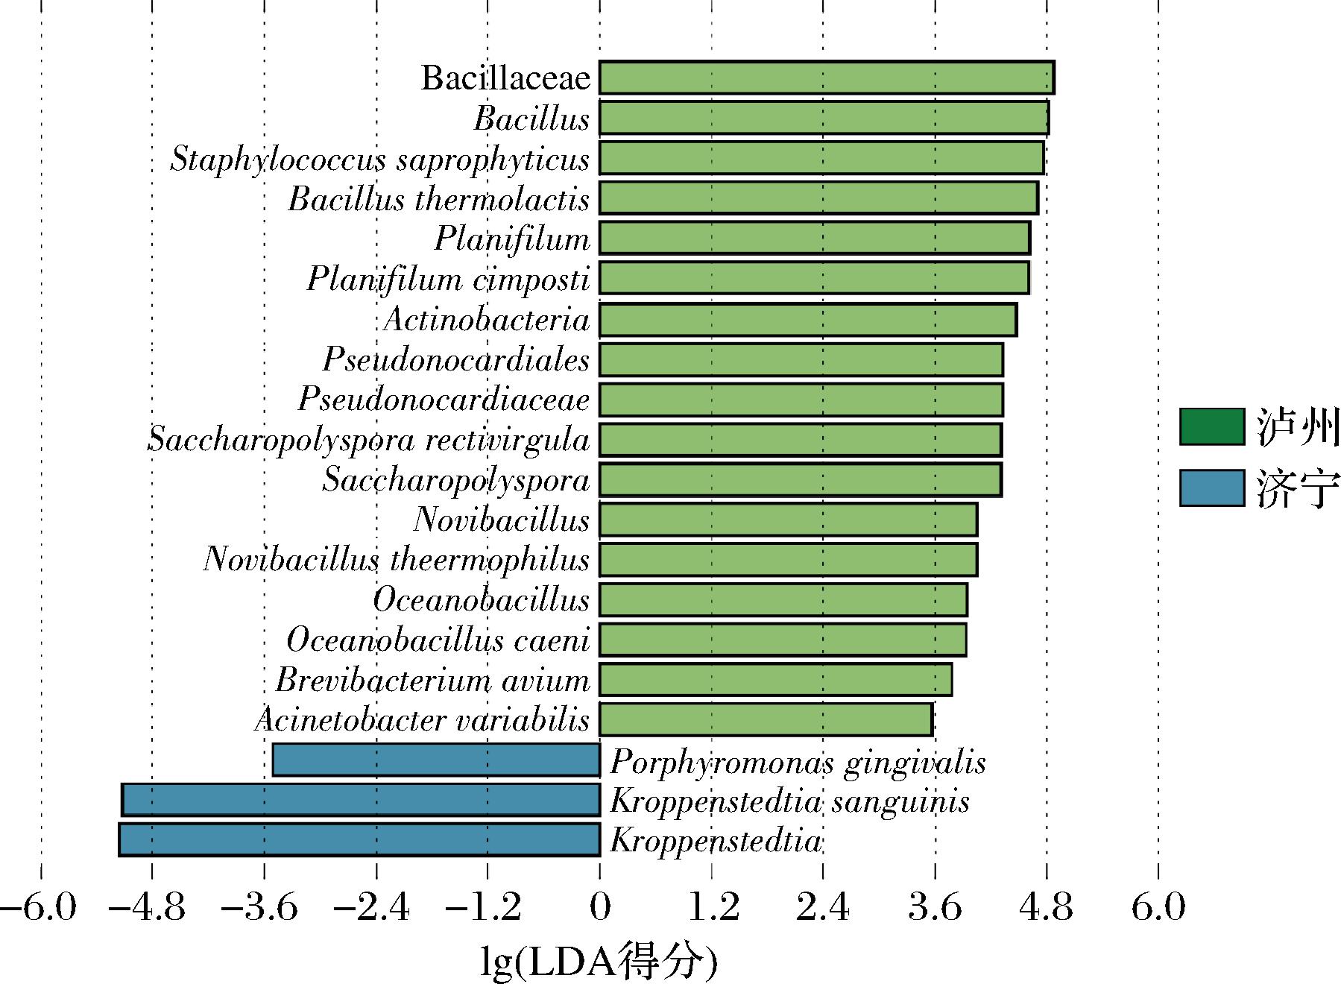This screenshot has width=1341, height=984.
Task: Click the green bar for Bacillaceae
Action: (826, 78)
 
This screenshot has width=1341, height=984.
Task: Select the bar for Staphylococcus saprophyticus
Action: (821, 158)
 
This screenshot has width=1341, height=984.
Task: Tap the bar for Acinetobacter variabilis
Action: (766, 720)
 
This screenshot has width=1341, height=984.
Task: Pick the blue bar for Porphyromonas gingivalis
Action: (436, 760)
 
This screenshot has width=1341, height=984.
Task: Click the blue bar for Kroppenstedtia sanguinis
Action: (361, 800)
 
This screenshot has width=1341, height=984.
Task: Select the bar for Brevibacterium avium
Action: (775, 680)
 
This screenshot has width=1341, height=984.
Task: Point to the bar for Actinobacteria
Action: (807, 320)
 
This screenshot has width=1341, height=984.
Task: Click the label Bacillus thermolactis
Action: (439, 200)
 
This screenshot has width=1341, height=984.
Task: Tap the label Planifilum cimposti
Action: (448, 280)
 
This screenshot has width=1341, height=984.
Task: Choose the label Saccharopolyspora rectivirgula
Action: (369, 440)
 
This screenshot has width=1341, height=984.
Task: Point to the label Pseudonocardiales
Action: (456, 360)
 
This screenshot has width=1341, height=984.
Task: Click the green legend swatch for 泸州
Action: (1211, 427)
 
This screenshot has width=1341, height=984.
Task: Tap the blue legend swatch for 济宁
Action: (1211, 488)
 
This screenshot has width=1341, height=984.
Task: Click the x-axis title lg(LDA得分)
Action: (599, 962)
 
